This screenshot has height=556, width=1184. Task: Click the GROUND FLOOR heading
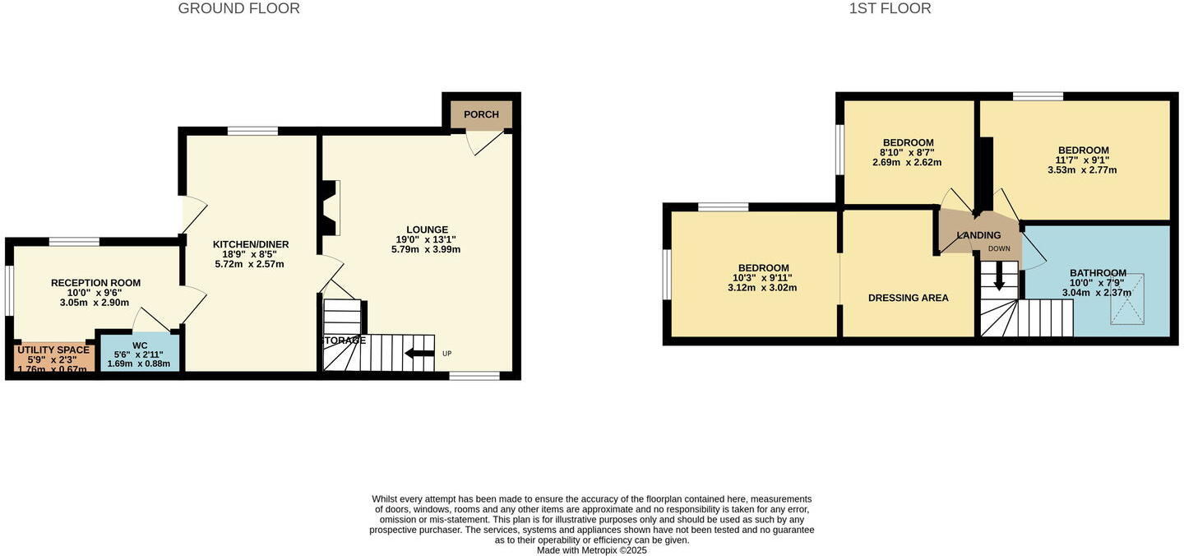click(x=238, y=9)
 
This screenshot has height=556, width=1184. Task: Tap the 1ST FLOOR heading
click(x=890, y=9)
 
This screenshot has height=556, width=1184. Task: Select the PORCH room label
click(x=481, y=114)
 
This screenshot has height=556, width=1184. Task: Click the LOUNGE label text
click(x=427, y=229)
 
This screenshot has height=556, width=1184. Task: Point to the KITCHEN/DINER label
click(x=251, y=244)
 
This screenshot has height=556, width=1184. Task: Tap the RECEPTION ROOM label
click(x=95, y=283)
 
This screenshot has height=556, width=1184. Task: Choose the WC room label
click(x=140, y=345)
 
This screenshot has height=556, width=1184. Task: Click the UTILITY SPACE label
click(x=53, y=350)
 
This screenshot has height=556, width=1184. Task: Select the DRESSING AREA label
click(x=908, y=298)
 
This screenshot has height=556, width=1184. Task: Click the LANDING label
click(x=978, y=235)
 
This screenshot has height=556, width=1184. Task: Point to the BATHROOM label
click(x=1098, y=273)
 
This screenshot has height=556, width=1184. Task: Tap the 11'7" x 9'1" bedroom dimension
click(x=1083, y=160)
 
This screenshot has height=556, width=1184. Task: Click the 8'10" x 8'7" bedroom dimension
click(x=907, y=152)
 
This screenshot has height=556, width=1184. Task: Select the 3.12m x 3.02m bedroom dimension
click(x=762, y=288)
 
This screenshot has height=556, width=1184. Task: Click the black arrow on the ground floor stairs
click(x=419, y=354)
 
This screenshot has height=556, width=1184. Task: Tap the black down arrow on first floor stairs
click(x=999, y=281)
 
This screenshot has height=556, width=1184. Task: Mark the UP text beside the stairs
click(x=446, y=354)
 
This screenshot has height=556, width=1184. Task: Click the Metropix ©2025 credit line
click(x=591, y=550)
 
